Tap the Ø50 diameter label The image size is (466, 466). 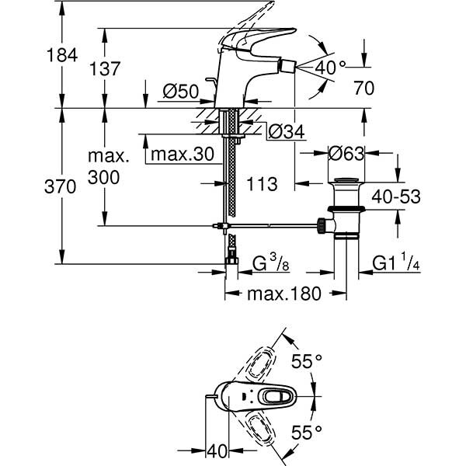tap(180, 92)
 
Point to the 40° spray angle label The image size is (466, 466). tap(330, 68)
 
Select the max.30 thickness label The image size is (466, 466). tap(182, 155)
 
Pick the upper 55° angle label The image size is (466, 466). tap(307, 361)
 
